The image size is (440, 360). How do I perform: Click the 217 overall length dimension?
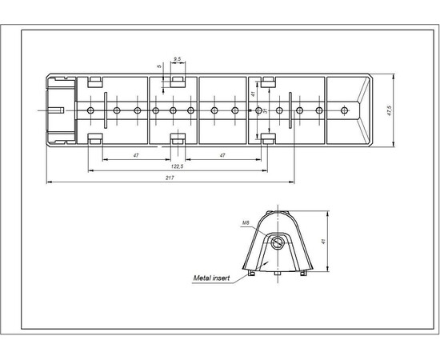coord(170,178)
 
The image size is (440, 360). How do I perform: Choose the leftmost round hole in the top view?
coord(92,110)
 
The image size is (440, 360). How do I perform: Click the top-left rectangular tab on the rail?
coord(94,81)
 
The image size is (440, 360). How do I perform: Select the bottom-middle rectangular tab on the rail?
coord(178,140)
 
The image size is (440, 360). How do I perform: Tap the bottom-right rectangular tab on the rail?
coord(264,140)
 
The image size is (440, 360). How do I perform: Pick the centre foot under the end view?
coord(276,274)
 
